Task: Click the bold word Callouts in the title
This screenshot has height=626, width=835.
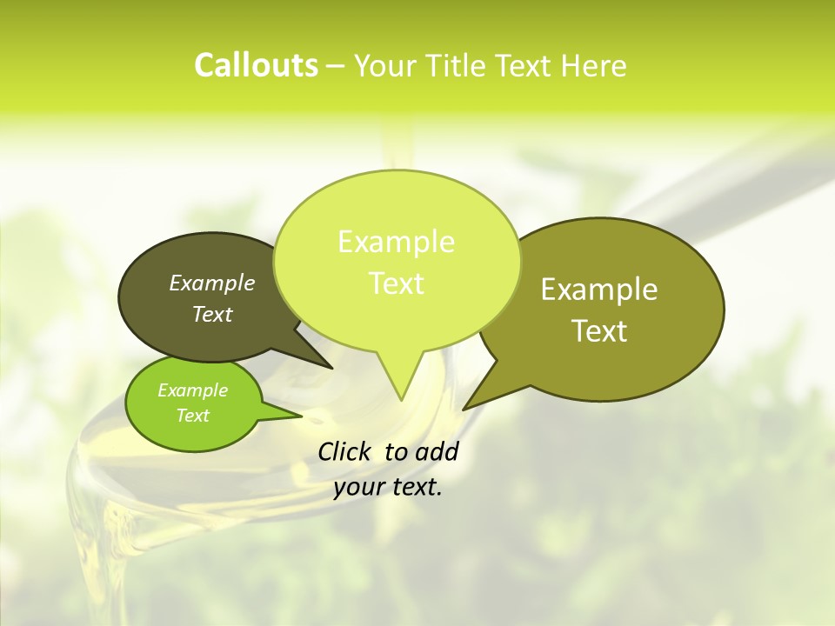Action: pos(256,65)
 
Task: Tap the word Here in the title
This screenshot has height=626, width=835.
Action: pos(594,65)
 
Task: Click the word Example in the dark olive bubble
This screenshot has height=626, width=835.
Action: pos(212,283)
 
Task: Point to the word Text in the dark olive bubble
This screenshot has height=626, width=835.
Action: pos(212,314)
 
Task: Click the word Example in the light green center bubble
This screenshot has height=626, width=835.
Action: pos(396,242)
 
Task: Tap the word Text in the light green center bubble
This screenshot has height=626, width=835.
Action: pos(396,283)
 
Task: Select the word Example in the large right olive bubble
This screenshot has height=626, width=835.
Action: pos(599,290)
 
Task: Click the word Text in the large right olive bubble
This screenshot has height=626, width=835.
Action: pos(599,331)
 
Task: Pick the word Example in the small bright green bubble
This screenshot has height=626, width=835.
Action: pos(193,390)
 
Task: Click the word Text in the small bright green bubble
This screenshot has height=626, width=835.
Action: pos(193,416)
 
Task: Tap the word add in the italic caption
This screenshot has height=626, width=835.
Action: pos(437,451)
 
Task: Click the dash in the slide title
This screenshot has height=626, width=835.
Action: pos(336,65)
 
